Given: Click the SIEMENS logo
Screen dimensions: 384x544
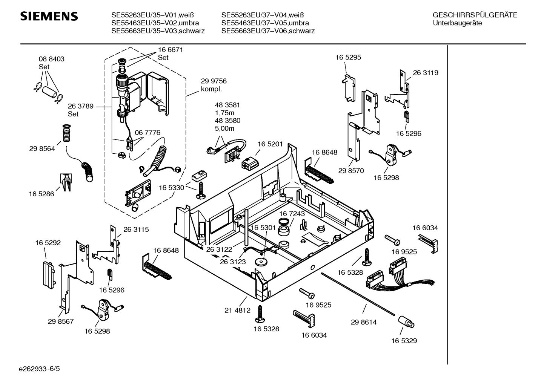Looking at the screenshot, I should (49, 16).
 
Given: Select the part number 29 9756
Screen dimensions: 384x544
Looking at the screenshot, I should (214, 81).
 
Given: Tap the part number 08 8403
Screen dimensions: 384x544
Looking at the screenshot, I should (51, 59).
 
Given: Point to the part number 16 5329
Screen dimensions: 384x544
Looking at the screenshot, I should (404, 341).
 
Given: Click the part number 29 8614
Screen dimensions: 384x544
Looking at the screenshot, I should (363, 322).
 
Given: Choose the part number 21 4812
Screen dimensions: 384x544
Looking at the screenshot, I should (237, 311).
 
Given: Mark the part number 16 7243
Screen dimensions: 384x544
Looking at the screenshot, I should (292, 214).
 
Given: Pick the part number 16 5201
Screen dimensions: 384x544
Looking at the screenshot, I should (270, 144).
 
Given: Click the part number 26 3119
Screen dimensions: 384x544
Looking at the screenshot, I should (425, 73).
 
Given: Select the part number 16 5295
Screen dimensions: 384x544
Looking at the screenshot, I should (348, 57).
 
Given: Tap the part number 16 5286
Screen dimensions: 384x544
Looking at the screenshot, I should (41, 194).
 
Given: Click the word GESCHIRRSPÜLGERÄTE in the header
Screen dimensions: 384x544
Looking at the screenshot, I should (475, 15).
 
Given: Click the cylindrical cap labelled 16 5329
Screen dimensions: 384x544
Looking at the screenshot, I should (406, 321).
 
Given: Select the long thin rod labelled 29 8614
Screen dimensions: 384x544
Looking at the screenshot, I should (358, 294).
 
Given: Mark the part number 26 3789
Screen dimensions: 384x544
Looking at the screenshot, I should (80, 106).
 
